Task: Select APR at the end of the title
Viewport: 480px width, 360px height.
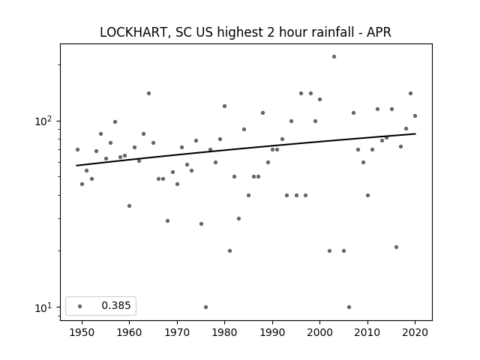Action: pyautogui.click(x=379, y=32)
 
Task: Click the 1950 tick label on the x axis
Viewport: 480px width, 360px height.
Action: pyautogui.click(x=82, y=332)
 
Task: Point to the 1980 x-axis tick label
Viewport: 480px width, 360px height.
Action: pyautogui.click(x=224, y=332)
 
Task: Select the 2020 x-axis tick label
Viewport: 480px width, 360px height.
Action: pyautogui.click(x=415, y=332)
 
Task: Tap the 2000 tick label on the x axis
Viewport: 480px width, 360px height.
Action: pyautogui.click(x=319, y=332)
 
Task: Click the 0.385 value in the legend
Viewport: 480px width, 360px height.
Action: pyautogui.click(x=116, y=305)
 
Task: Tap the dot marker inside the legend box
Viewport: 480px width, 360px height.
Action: pyautogui.click(x=80, y=306)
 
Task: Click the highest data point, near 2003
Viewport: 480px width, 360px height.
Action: pyautogui.click(x=334, y=57)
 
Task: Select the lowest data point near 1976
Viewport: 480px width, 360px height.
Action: pyautogui.click(x=205, y=307)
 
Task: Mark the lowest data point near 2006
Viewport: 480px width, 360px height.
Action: pyautogui.click(x=349, y=307)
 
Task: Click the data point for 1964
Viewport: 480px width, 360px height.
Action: pyautogui.click(x=148, y=93)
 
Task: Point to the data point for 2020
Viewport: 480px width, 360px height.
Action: pyautogui.click(x=415, y=115)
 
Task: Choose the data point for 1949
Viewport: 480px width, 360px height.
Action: pyautogui.click(x=77, y=150)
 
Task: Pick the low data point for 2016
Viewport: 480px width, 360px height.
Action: pyautogui.click(x=396, y=247)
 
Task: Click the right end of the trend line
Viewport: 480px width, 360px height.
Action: pyautogui.click(x=415, y=133)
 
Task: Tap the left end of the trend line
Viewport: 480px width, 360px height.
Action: pyautogui.click(x=76, y=166)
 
